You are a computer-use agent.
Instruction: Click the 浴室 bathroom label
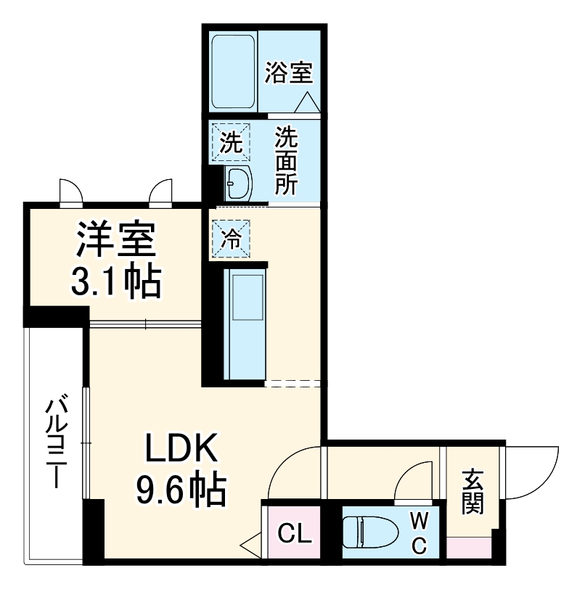click(x=288, y=73)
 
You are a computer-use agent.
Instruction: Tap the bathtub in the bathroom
click(x=232, y=69)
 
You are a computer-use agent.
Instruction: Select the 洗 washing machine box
click(x=230, y=142)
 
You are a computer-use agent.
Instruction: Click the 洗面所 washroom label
click(x=285, y=160)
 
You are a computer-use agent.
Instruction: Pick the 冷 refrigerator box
click(x=230, y=239)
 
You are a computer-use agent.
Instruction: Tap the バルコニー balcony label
click(x=56, y=442)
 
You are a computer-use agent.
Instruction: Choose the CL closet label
click(x=296, y=535)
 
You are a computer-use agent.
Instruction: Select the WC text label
click(x=420, y=533)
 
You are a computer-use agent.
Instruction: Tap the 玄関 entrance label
click(x=472, y=493)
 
